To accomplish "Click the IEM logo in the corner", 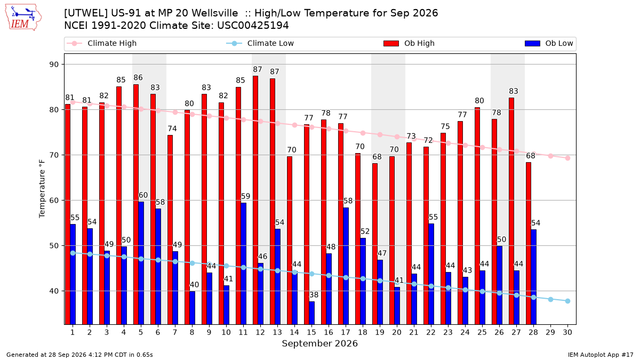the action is tap(23, 18).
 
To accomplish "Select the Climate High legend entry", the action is tap(101, 43).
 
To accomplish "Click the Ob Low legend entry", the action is tap(549, 43).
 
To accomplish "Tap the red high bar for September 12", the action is tap(255, 200).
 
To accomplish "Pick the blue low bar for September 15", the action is tap(311, 313).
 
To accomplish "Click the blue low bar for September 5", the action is tap(141, 263).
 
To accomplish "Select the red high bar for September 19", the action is tap(375, 244).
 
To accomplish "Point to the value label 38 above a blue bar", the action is tap(314, 295).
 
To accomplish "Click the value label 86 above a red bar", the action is tap(138, 78).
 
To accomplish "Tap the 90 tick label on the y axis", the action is tap(54, 65).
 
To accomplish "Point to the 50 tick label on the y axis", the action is tap(54, 246).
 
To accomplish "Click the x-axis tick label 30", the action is tap(567, 332).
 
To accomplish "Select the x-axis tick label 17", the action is tap(346, 332).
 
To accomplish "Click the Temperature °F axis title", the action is tap(42, 189).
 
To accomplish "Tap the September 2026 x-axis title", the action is tap(319, 343).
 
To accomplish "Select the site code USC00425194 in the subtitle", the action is tap(253, 26).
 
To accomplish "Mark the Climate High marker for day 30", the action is tap(567, 158).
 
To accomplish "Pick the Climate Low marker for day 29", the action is tap(550, 299).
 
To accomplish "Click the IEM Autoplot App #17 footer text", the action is tap(601, 355).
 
